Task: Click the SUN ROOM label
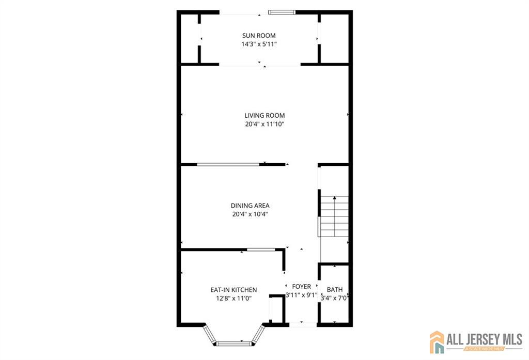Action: tap(259, 36)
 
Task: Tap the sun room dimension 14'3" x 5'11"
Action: tap(259, 44)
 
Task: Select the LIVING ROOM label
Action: tap(264, 116)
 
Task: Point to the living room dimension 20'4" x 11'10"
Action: tap(264, 124)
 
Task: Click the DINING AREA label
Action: tap(250, 206)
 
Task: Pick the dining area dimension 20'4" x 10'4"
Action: tap(250, 214)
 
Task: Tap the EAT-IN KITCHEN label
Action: tap(234, 290)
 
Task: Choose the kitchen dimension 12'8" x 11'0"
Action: tap(234, 298)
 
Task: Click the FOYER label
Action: tap(301, 287)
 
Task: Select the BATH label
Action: tap(334, 290)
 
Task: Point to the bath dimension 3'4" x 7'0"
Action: tap(334, 298)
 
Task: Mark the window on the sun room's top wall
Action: tap(282, 12)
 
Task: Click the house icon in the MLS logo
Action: tap(437, 342)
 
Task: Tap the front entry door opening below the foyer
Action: tap(303, 324)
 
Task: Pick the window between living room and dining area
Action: tap(228, 165)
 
